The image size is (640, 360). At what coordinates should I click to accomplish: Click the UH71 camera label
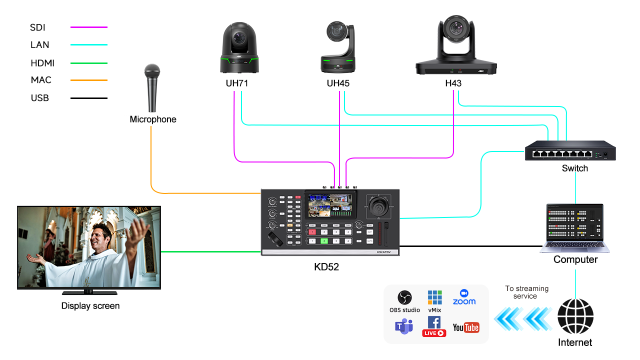(236, 83)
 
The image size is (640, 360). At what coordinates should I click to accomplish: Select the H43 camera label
(453, 83)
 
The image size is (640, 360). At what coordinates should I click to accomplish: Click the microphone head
(151, 71)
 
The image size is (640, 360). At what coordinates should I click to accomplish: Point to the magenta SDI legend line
(89, 27)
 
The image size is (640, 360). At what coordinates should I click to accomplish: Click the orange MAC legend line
(89, 80)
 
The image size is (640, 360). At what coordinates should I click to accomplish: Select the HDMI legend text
(42, 63)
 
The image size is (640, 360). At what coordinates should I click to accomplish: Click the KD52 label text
(326, 267)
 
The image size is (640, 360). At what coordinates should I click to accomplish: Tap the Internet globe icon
(575, 316)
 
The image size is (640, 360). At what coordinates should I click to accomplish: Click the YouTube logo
(465, 327)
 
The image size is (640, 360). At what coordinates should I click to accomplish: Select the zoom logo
(464, 297)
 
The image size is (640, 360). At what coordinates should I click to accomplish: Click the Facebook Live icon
(434, 326)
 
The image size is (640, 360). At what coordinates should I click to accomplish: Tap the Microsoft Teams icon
(404, 327)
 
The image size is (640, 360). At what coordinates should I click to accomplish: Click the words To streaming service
(526, 292)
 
